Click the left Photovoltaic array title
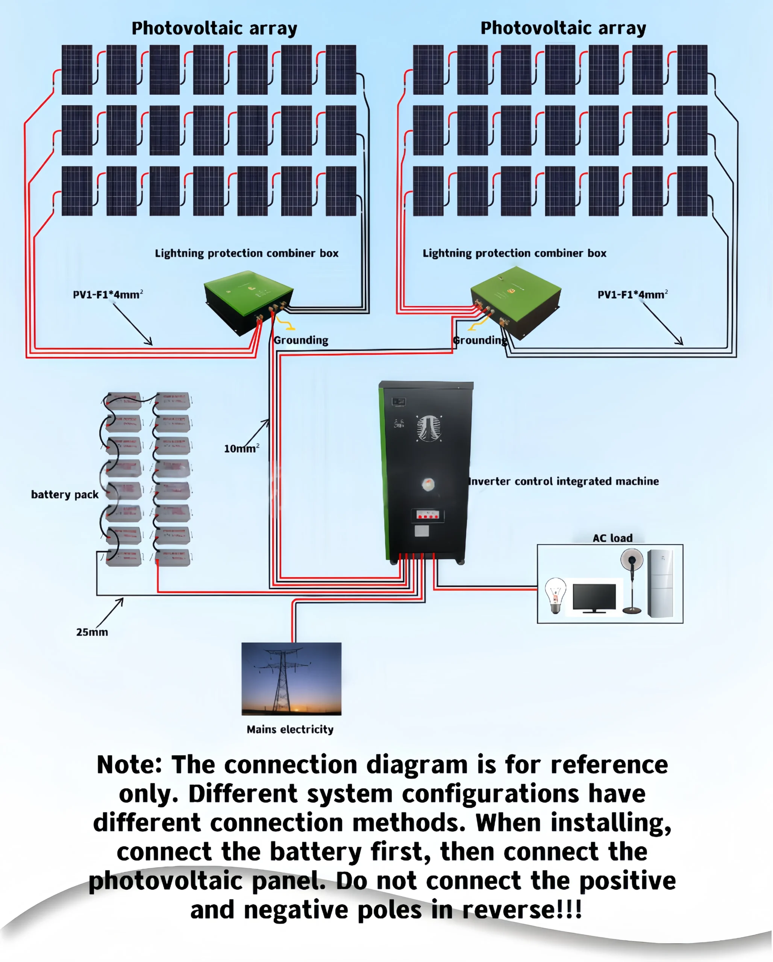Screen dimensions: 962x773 [x=214, y=29]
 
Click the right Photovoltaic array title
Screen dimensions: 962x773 [x=563, y=29]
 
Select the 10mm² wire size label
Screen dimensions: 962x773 [x=241, y=448]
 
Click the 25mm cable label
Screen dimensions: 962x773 [x=92, y=632]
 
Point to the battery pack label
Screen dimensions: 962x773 [x=65, y=495]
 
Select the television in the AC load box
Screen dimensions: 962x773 [x=594, y=597]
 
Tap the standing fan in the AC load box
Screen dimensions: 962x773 [x=632, y=580]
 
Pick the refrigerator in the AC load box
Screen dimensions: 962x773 [x=660, y=583]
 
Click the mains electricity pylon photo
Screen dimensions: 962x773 [x=291, y=679]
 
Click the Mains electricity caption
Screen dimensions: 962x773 [x=290, y=729]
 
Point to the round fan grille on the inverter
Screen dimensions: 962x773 [x=429, y=428]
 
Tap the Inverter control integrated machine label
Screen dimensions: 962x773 [x=564, y=481]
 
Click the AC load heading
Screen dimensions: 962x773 [x=612, y=538]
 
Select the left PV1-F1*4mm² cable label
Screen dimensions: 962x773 [x=108, y=295]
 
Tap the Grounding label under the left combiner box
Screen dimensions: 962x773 [x=301, y=340]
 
